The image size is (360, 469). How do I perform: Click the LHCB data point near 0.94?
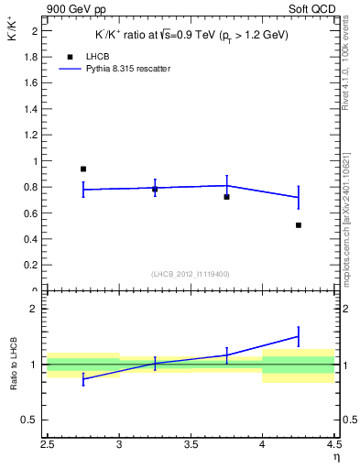pos(83,169)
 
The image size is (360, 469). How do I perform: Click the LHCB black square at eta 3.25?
pos(155,189)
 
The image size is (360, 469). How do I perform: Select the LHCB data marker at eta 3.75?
pos(226,197)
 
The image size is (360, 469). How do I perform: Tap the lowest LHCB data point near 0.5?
pos(299,224)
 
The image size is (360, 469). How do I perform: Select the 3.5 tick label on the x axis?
pos(191,446)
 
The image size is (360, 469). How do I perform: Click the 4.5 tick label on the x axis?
pos(333,446)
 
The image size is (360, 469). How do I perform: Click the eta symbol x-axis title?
pos(336,458)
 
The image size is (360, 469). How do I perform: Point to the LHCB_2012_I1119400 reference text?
pos(191,274)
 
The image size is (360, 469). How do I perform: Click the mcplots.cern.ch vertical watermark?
pos(349,211)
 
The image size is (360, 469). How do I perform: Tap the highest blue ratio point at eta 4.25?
pos(299,336)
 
